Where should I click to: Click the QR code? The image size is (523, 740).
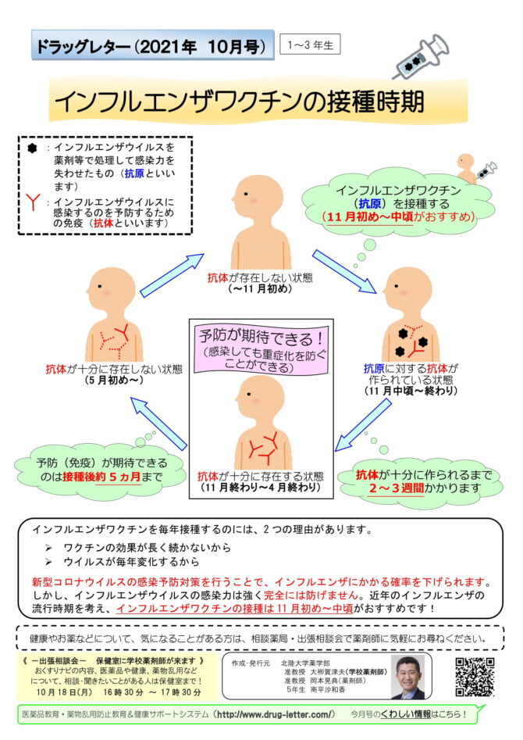pyautogui.click(x=475, y=677)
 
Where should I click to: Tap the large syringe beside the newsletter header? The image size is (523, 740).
pyautogui.click(x=421, y=55)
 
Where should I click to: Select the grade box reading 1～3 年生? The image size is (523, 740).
pyautogui.click(x=310, y=45)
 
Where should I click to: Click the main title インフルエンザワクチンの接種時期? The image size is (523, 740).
pyautogui.click(x=240, y=102)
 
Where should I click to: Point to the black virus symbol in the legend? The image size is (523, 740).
pyautogui.click(x=32, y=148)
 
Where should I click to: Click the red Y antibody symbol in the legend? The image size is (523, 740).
pyautogui.click(x=33, y=202)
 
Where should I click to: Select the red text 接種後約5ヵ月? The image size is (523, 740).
pyautogui.click(x=101, y=477)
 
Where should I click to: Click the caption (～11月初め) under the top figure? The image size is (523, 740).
pyautogui.click(x=260, y=288)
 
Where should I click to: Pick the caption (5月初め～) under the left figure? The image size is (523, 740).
pyautogui.click(x=114, y=381)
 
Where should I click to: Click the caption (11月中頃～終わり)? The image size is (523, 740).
pyautogui.click(x=411, y=391)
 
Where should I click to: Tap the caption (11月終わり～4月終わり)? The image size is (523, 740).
pyautogui.click(x=261, y=487)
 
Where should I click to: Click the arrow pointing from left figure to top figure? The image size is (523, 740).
pyautogui.click(x=172, y=276)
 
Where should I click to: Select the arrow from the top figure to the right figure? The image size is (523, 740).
pyautogui.click(x=344, y=272)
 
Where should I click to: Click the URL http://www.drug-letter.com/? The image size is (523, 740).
pyautogui.click(x=276, y=714)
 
